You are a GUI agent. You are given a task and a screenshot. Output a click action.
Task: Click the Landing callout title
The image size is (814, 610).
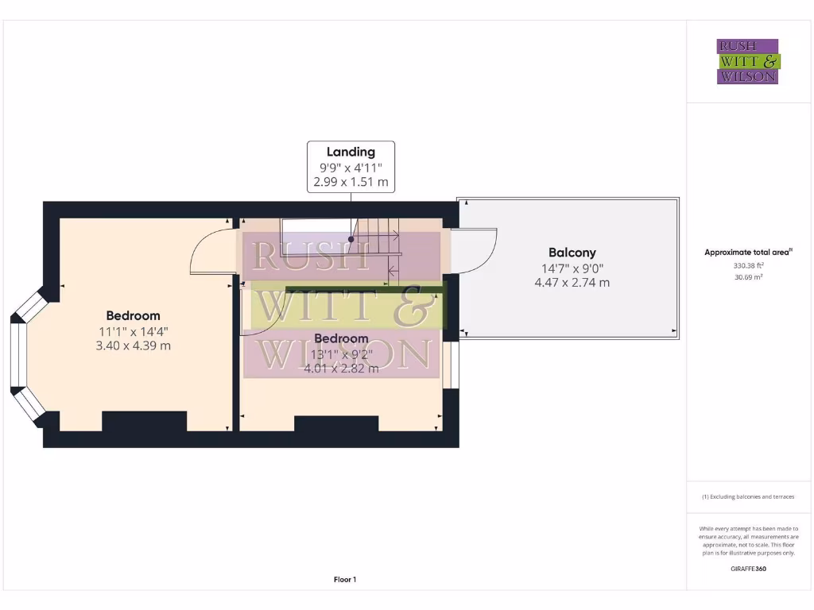click(x=351, y=152)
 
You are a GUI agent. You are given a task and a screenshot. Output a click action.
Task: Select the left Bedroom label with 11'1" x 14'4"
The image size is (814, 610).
click(x=134, y=315)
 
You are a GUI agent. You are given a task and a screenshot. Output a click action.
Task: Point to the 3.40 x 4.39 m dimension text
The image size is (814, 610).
click(x=134, y=346)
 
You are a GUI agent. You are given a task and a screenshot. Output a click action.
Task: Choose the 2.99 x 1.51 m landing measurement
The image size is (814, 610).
click(x=351, y=182)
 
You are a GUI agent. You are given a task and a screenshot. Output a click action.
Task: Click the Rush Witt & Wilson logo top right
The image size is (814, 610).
click(x=748, y=62)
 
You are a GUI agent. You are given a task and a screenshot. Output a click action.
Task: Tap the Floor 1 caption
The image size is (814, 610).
click(x=345, y=580)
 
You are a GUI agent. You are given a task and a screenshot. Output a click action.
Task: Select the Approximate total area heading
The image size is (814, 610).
click(x=748, y=253)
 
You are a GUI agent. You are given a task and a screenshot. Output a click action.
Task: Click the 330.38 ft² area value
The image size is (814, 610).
click(x=748, y=266)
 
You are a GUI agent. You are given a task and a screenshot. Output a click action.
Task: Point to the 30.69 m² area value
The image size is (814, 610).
click(x=748, y=277)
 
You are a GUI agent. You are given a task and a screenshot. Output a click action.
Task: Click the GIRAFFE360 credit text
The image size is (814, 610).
click(x=748, y=569)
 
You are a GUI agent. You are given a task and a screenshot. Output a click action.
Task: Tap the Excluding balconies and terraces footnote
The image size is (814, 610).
click(x=748, y=497)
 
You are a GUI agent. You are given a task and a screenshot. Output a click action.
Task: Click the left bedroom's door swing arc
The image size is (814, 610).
click(x=212, y=253)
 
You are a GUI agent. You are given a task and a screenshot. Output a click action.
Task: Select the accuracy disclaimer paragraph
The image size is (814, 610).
click(x=748, y=541)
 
